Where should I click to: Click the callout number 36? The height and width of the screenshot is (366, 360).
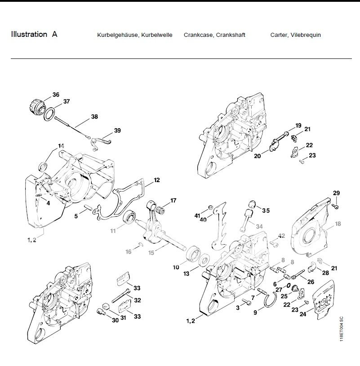(x=56, y=94)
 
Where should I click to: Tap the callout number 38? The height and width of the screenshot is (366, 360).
(x=94, y=116)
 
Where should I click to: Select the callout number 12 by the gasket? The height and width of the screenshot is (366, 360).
(x=156, y=180)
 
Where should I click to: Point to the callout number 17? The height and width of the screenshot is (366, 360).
(x=173, y=200)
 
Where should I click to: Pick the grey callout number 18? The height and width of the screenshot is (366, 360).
(x=338, y=223)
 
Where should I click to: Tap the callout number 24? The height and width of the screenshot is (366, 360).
(x=303, y=314)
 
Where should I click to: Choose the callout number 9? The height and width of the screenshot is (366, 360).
(x=255, y=312)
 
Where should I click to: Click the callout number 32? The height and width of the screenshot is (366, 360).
(x=137, y=300)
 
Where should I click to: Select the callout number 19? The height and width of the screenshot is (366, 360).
(x=298, y=125)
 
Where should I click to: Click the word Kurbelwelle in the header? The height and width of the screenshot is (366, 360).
(x=157, y=35)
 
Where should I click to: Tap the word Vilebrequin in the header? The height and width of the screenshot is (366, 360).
(x=306, y=35)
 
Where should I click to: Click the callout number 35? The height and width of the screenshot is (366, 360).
(x=266, y=210)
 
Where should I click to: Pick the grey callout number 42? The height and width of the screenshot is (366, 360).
(x=282, y=235)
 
